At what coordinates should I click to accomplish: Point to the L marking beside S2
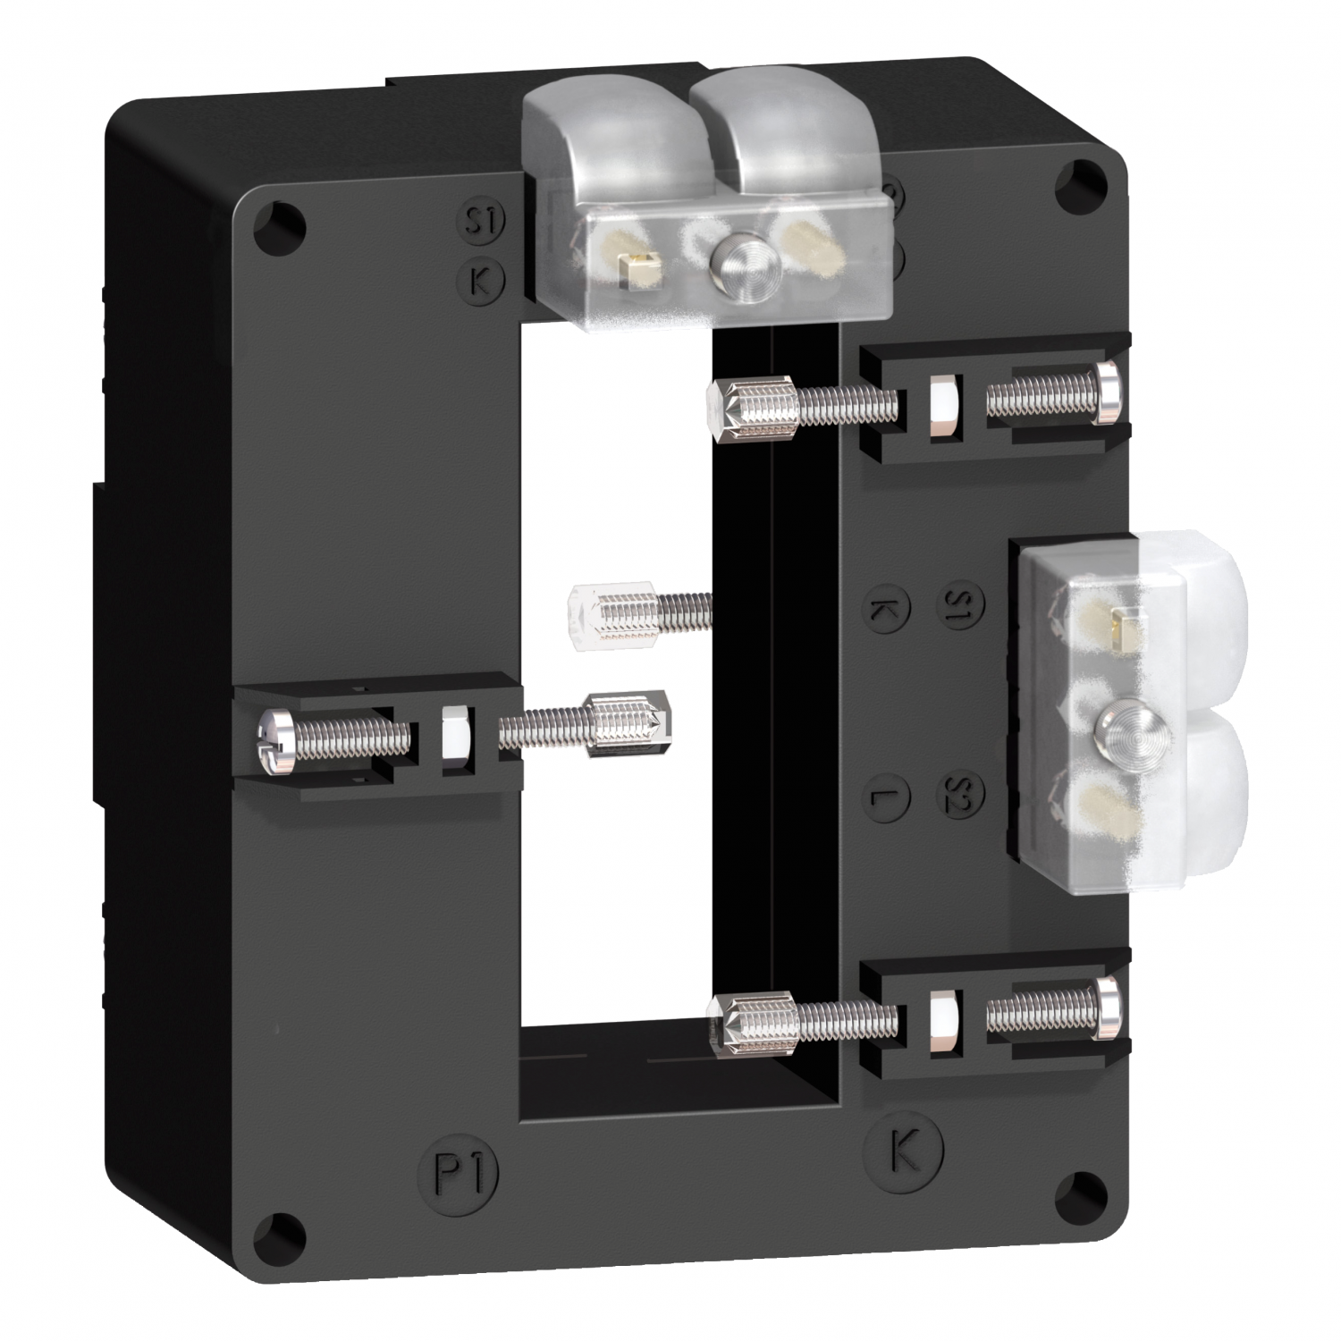pyautogui.click(x=888, y=793)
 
